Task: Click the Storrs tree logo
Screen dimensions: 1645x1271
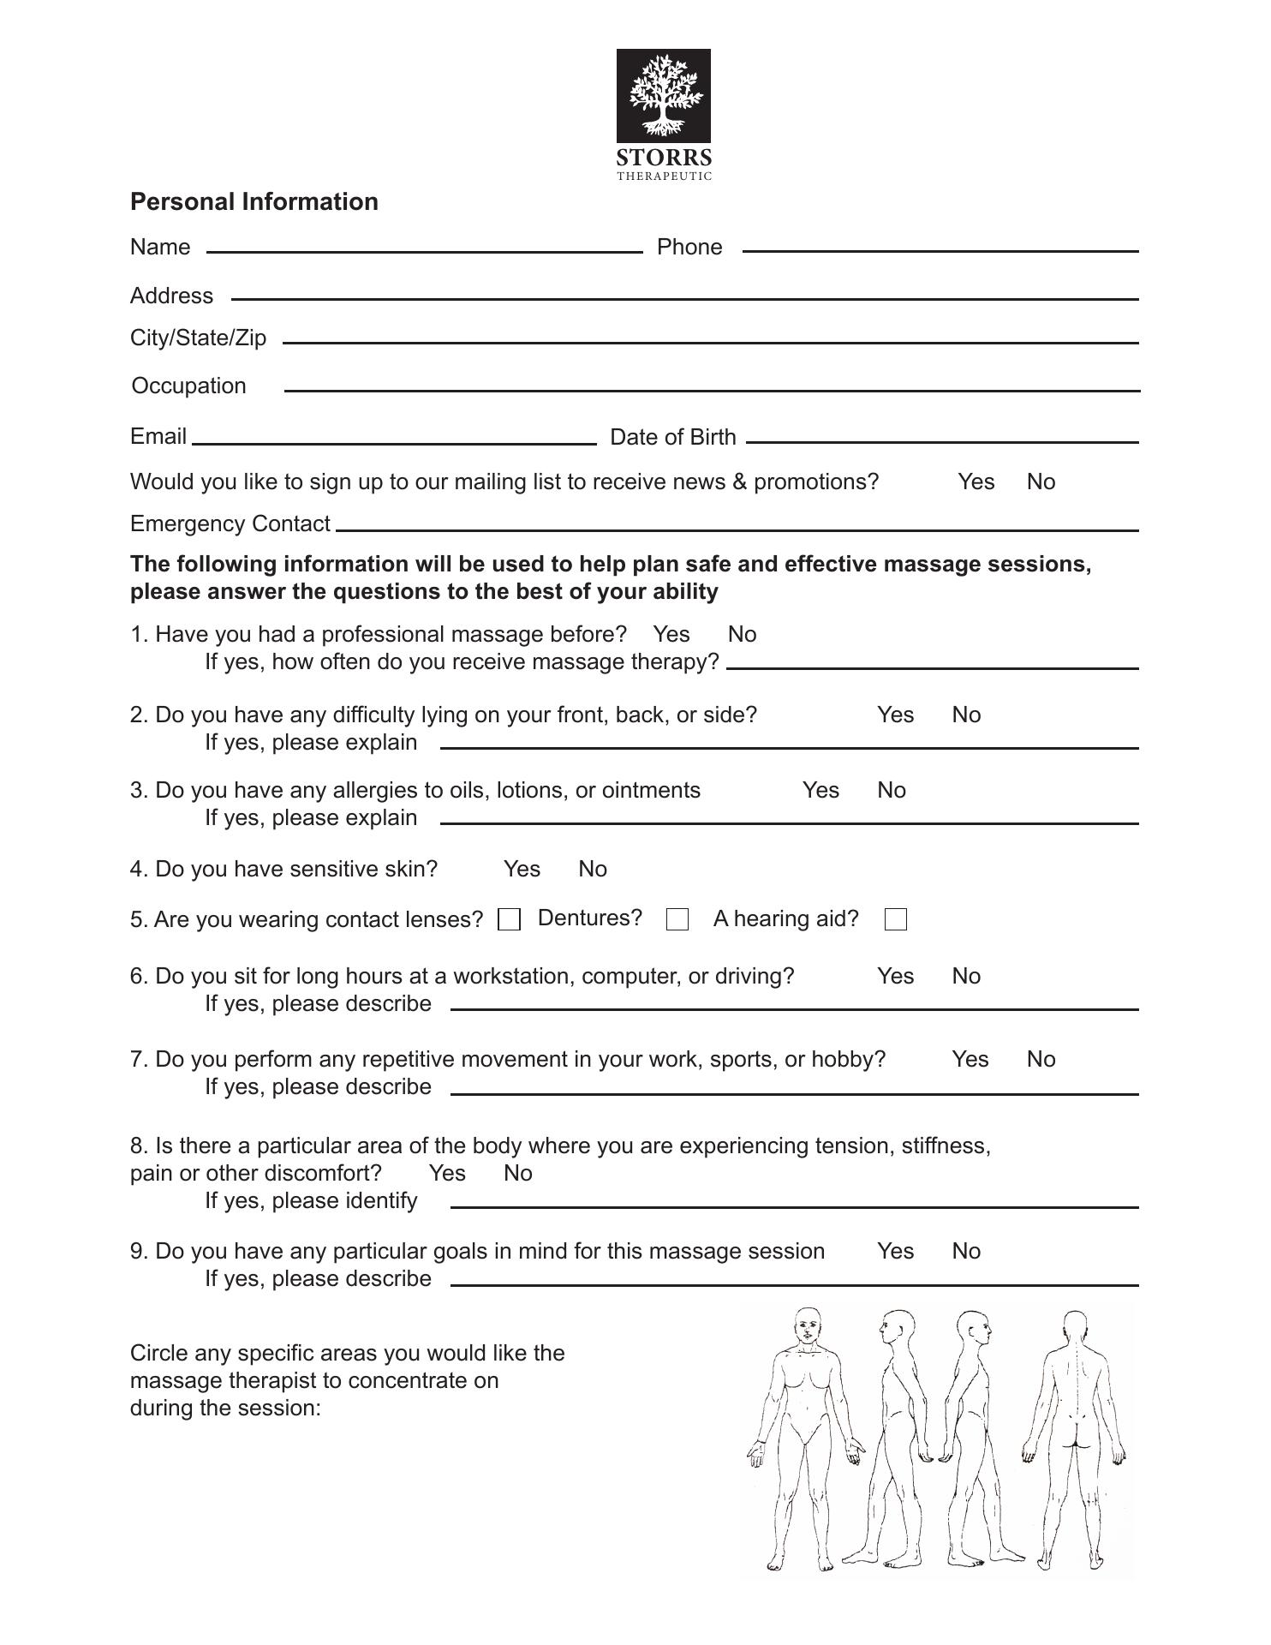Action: click(664, 96)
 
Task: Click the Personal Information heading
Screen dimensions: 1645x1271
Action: click(254, 201)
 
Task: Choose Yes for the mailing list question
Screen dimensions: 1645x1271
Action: click(976, 482)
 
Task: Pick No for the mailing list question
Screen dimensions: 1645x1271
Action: click(1041, 482)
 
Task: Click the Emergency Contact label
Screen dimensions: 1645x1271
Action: click(230, 523)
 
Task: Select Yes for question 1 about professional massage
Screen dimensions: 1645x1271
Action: click(671, 634)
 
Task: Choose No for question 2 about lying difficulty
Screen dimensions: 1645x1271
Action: click(966, 715)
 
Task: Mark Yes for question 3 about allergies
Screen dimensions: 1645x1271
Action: click(820, 790)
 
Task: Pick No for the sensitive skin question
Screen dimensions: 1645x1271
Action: click(593, 869)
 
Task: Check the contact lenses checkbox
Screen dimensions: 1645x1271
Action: click(510, 919)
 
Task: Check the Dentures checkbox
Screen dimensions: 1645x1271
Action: click(677, 919)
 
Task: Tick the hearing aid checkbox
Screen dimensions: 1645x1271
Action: click(896, 919)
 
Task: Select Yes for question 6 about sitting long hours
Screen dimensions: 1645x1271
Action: click(895, 976)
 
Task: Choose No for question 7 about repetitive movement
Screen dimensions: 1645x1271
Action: click(1041, 1059)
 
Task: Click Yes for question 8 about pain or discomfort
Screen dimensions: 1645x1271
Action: click(447, 1173)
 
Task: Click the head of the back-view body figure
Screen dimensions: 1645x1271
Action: click(1074, 1328)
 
